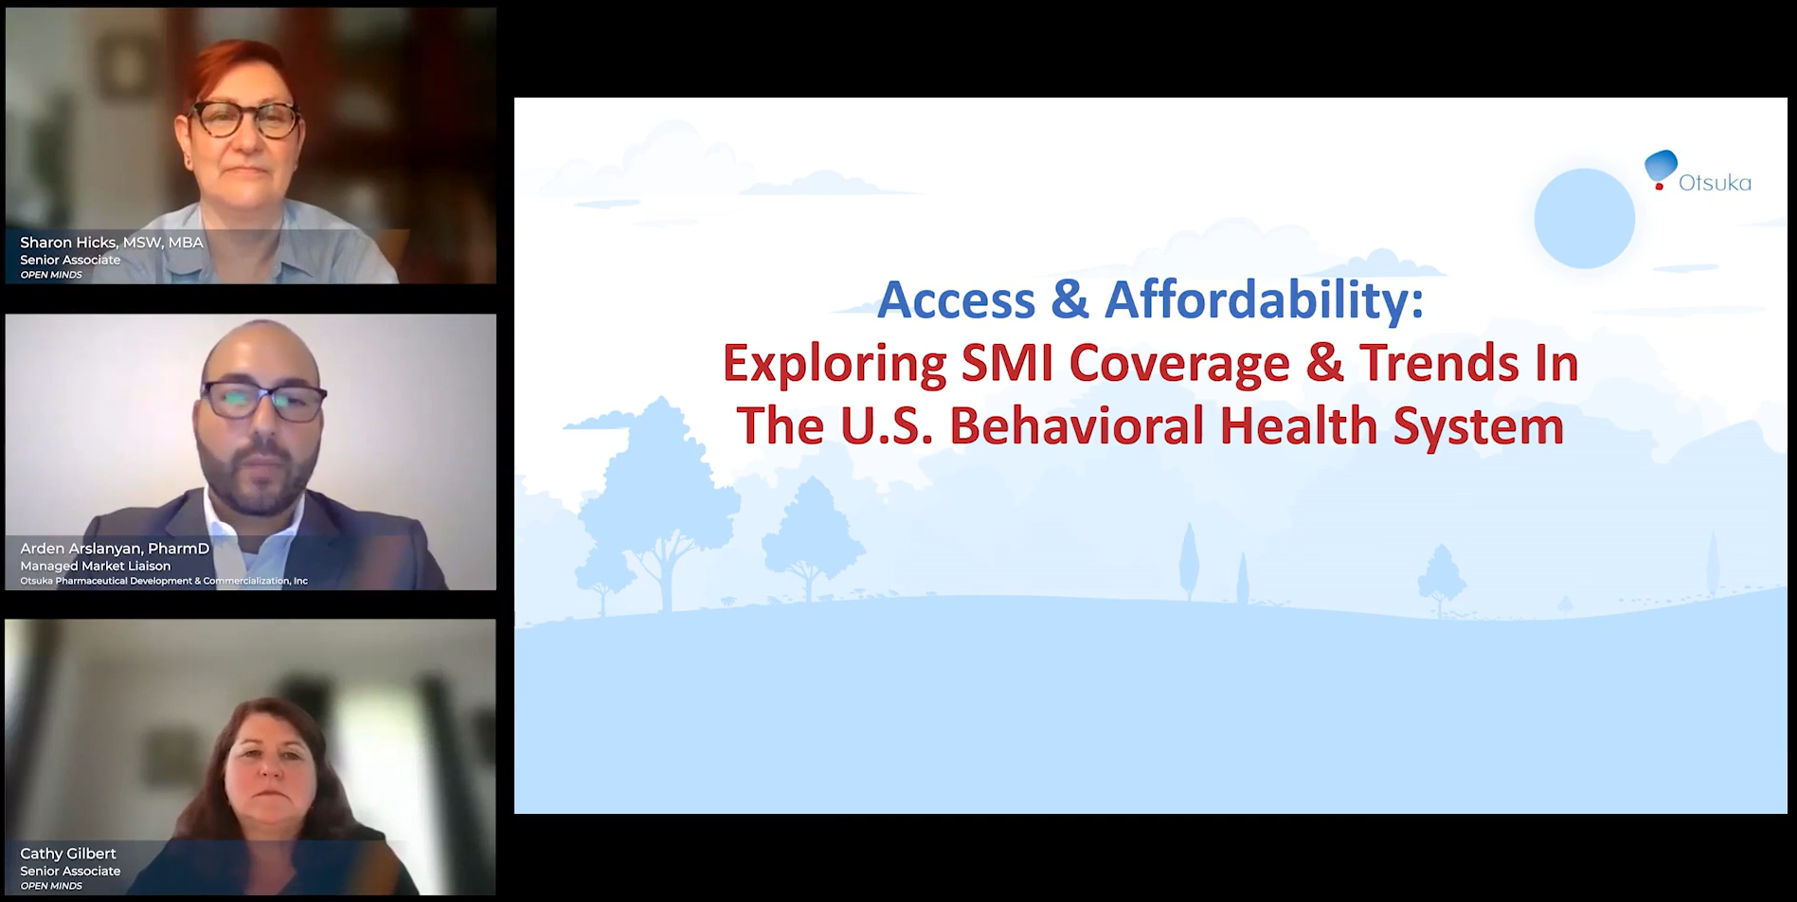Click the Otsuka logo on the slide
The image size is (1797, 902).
point(1697,173)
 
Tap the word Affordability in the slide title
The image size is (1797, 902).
point(1264,300)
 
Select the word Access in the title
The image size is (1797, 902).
point(957,300)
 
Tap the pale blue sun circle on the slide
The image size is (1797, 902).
point(1584,218)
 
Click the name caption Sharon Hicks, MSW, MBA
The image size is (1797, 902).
point(112,243)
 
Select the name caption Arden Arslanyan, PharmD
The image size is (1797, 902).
point(115,549)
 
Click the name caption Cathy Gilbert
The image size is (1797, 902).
point(68,854)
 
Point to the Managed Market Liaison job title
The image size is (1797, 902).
point(96,566)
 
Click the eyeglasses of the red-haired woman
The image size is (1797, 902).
point(244,119)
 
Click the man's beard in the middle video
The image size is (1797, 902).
point(258,478)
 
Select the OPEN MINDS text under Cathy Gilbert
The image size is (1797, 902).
point(51,886)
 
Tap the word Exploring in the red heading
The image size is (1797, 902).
point(834,363)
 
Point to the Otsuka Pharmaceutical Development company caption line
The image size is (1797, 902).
point(164,581)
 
